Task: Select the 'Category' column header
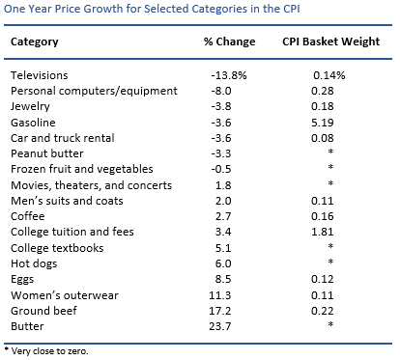click(34, 42)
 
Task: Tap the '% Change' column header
click(229, 42)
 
